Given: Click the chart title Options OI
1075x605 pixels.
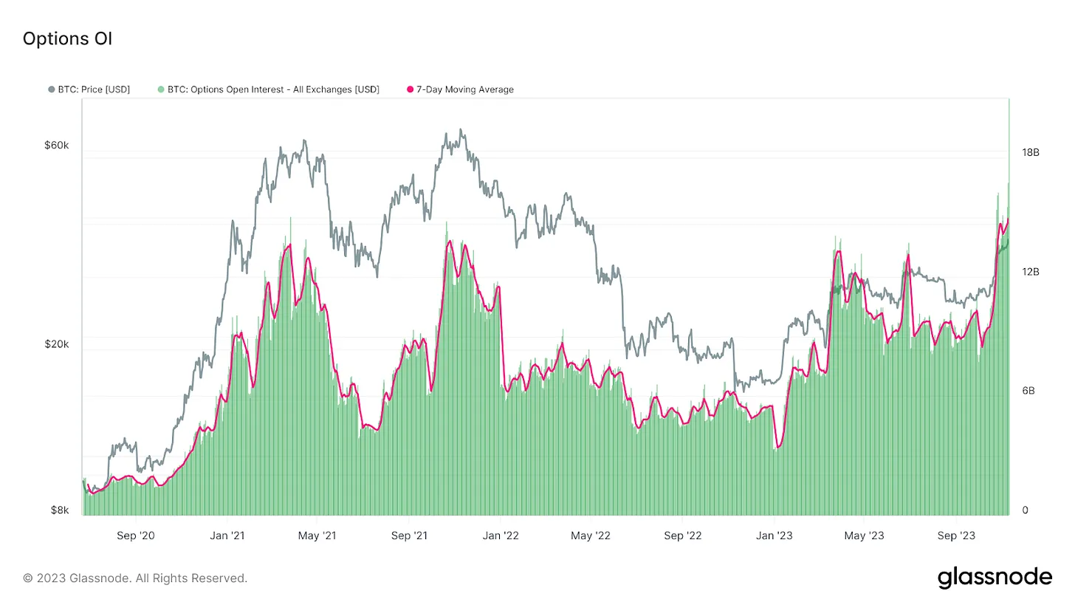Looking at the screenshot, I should [67, 39].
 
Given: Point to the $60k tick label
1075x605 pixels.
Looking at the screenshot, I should [57, 146].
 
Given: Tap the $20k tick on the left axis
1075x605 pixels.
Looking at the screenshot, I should [57, 344].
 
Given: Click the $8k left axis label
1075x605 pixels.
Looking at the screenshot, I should [60, 510].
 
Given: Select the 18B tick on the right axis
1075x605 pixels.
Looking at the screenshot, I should [1030, 153].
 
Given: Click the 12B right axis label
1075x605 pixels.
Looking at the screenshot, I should [1030, 272].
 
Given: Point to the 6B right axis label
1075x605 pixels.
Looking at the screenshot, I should [1028, 391].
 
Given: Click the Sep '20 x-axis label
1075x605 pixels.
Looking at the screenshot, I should [137, 535].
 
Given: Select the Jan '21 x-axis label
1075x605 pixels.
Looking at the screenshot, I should [227, 535].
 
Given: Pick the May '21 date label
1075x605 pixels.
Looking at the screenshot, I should [317, 535].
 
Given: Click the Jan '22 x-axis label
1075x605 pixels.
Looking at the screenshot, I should [501, 535].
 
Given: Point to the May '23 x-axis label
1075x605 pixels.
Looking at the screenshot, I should [864, 535].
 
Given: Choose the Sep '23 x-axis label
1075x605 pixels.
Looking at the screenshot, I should [956, 535].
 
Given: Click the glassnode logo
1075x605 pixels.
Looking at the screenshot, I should [995, 577].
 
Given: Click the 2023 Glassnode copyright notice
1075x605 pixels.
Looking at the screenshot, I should [135, 578].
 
